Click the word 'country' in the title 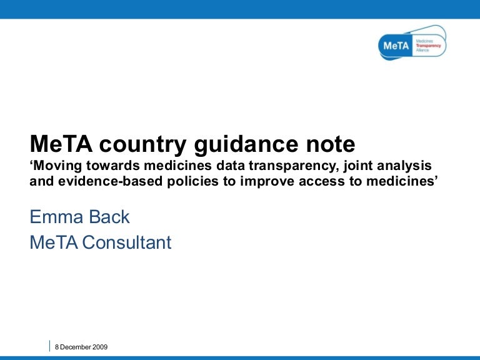click(128, 145)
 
